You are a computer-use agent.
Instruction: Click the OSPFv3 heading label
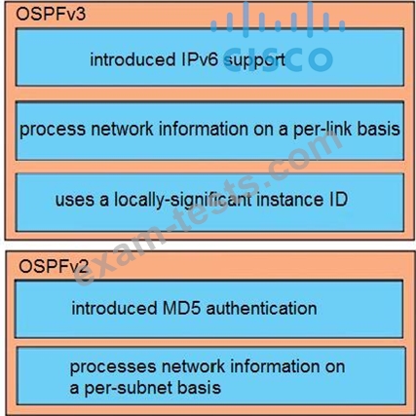pos(51,15)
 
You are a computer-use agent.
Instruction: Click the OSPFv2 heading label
pos(54,267)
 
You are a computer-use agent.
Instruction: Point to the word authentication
pos(261,308)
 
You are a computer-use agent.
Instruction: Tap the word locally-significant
pos(182,200)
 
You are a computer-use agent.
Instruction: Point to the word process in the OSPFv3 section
pos(53,130)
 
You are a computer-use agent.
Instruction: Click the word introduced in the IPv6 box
pos(132,59)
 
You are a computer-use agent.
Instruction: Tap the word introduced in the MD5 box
pos(114,308)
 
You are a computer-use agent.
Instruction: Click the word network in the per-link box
pos(122,129)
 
